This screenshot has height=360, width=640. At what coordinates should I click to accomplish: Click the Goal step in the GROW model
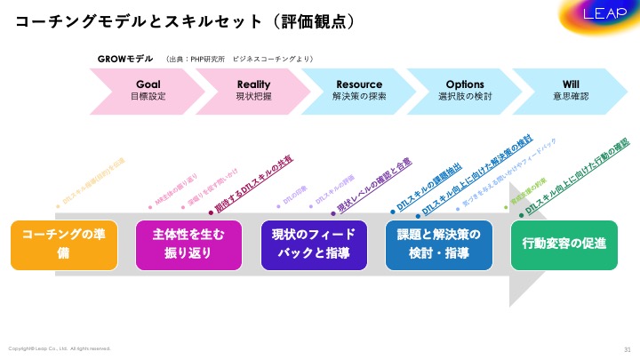(x=147, y=90)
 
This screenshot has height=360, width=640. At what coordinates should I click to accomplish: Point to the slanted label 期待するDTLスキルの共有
(x=254, y=185)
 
